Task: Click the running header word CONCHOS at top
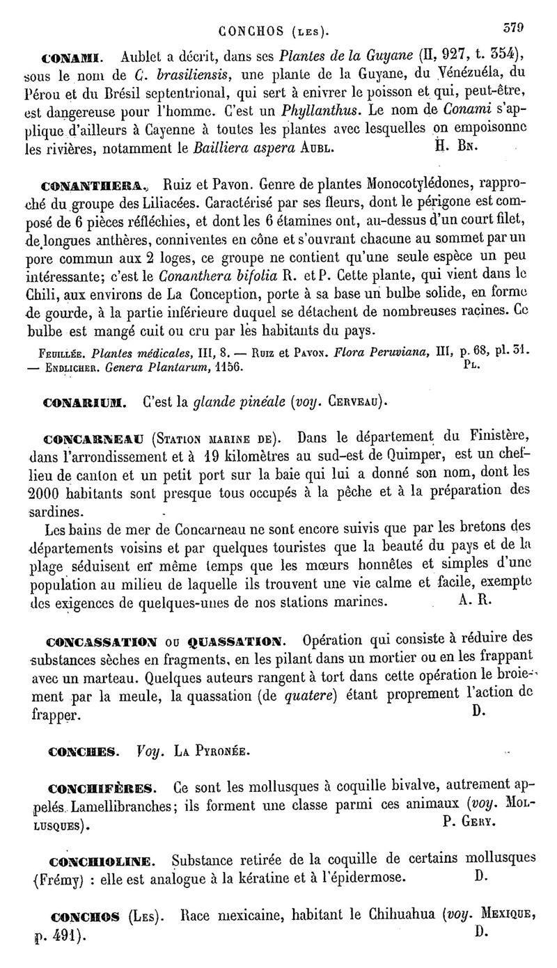tap(245, 31)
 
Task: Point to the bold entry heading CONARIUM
tap(83, 402)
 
